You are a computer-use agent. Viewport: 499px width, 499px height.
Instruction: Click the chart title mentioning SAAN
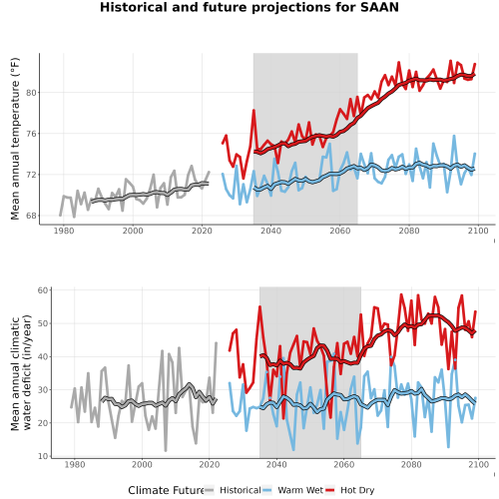pyautogui.click(x=249, y=7)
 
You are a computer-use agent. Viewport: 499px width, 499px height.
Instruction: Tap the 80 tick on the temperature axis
pyautogui.click(x=31, y=93)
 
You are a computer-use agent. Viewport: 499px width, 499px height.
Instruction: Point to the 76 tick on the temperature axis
pyautogui.click(x=31, y=134)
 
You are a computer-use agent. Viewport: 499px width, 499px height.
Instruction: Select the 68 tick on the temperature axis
pyautogui.click(x=31, y=216)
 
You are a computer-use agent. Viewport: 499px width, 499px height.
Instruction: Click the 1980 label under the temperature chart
pyautogui.click(x=64, y=231)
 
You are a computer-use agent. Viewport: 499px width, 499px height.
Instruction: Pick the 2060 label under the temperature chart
pyautogui.click(x=340, y=231)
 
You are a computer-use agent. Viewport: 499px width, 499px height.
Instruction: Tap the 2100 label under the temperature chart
pyautogui.click(x=478, y=231)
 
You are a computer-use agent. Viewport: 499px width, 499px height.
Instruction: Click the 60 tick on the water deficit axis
pyautogui.click(x=43, y=290)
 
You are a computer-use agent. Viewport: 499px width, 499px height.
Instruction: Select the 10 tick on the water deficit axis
pyautogui.click(x=43, y=456)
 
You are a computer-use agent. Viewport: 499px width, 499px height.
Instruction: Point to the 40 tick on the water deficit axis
pyautogui.click(x=43, y=356)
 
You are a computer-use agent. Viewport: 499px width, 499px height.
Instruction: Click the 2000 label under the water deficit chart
pyautogui.click(x=142, y=464)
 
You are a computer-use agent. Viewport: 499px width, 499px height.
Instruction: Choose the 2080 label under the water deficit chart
pyautogui.click(x=411, y=464)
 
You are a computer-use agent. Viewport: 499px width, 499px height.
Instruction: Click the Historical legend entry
pyautogui.click(x=241, y=490)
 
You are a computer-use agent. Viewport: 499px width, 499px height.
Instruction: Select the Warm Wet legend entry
pyautogui.click(x=300, y=490)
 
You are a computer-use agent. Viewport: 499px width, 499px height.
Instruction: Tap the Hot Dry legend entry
pyautogui.click(x=357, y=490)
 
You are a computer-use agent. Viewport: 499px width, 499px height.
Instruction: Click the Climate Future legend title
pyautogui.click(x=167, y=490)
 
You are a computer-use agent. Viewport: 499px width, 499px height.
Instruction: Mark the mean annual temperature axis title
pyautogui.click(x=15, y=139)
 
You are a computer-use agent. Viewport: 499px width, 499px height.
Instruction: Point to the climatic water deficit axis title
pyautogui.click(x=21, y=372)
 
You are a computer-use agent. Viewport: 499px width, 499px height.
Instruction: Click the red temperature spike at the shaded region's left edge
pyautogui.click(x=253, y=111)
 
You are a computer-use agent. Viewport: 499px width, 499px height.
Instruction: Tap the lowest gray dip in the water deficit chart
pyautogui.click(x=166, y=450)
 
